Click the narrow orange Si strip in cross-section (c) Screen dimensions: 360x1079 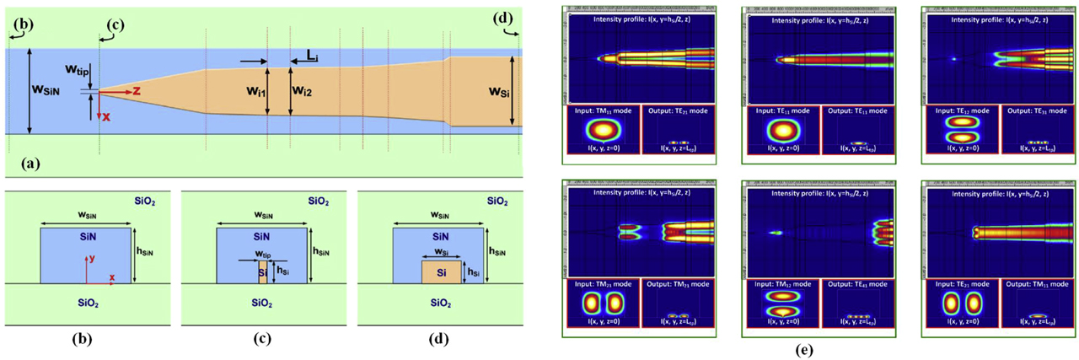(262, 272)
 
